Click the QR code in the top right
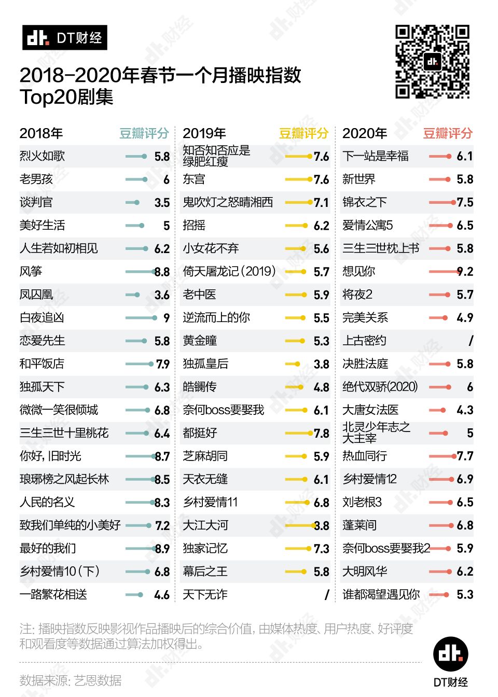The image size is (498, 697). point(432,62)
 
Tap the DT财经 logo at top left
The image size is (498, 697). point(65,38)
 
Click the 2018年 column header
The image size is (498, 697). point(41,133)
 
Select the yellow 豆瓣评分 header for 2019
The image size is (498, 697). point(303,133)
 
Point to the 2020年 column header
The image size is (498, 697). point(365,133)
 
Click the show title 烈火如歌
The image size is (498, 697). point(42,156)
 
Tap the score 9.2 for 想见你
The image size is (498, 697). point(465,271)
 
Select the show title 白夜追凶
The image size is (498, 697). point(42,317)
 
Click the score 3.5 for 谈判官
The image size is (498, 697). point(162,202)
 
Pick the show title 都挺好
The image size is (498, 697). point(200,433)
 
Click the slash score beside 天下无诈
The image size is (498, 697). point(327,594)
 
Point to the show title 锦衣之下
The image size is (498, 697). point(364,202)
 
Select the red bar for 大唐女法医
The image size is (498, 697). point(437,410)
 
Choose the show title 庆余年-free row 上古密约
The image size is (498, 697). point(364,341)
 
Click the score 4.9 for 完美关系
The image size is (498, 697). point(465,317)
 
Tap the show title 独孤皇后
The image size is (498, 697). point(205,364)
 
